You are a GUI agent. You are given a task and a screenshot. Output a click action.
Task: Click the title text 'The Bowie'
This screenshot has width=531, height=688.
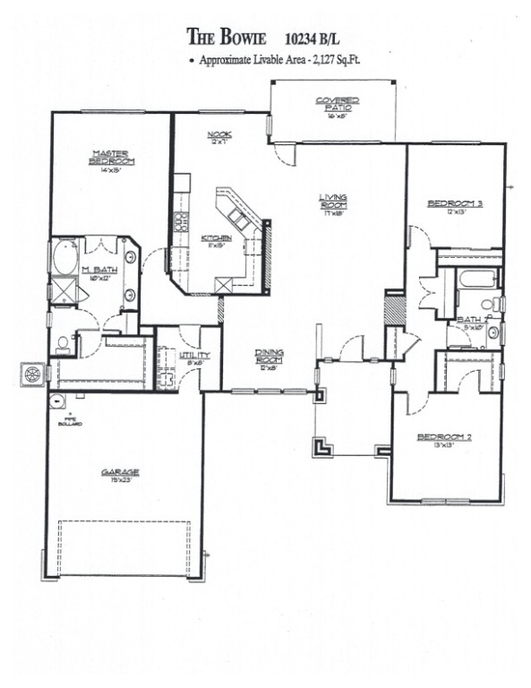[228, 36]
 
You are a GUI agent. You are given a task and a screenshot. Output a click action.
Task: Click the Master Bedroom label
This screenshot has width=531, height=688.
[111, 158]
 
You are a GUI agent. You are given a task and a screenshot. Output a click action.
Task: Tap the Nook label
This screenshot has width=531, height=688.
[219, 136]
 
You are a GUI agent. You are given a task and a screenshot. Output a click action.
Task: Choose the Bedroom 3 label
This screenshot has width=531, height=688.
[455, 205]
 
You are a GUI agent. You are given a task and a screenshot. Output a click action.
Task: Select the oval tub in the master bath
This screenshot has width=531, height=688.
[64, 260]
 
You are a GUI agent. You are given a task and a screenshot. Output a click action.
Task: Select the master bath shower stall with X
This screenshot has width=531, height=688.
[63, 291]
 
